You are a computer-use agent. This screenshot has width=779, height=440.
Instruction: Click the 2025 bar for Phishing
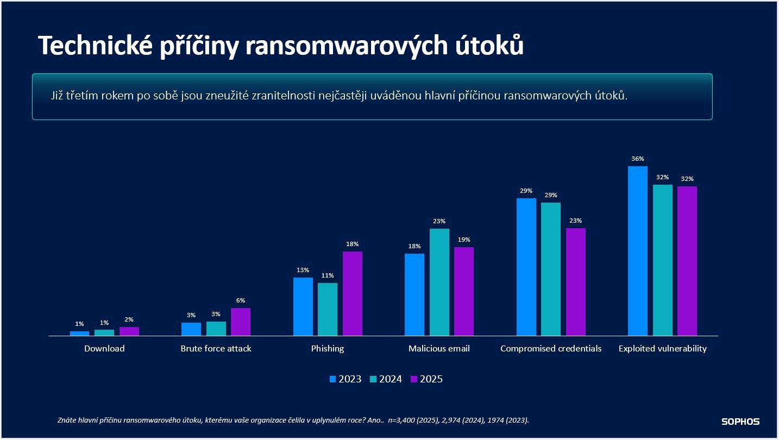tap(352, 293)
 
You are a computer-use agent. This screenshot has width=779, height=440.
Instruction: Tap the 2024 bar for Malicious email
tap(439, 282)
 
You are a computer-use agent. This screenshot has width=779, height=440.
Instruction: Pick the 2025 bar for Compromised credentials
tap(576, 281)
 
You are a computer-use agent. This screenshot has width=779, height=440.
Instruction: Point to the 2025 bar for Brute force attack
tap(241, 322)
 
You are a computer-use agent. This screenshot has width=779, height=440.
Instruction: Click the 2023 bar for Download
tap(79, 334)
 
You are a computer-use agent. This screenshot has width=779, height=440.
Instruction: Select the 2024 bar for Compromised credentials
tap(551, 269)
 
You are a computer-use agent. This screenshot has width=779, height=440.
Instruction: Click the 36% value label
tap(638, 159)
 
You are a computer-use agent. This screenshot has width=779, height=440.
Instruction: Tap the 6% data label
tap(241, 300)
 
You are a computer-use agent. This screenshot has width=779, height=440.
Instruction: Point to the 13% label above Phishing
tap(303, 270)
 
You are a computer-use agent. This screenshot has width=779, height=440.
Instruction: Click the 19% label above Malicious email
tap(464, 240)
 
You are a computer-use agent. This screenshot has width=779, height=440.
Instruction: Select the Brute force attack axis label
tap(216, 349)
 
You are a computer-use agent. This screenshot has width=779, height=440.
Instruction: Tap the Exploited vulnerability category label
tap(662, 349)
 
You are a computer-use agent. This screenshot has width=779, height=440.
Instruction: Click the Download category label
tap(104, 349)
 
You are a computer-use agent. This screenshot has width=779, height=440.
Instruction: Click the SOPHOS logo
tap(740, 422)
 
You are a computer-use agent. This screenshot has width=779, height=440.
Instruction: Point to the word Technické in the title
tap(95, 47)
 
